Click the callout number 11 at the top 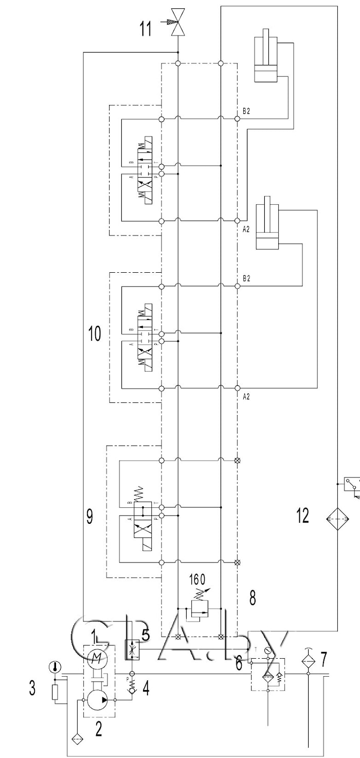(146, 28)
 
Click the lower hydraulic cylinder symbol (267, 224)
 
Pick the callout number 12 (303, 515)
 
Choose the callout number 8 (252, 597)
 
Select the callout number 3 (32, 688)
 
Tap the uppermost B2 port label (246, 112)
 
